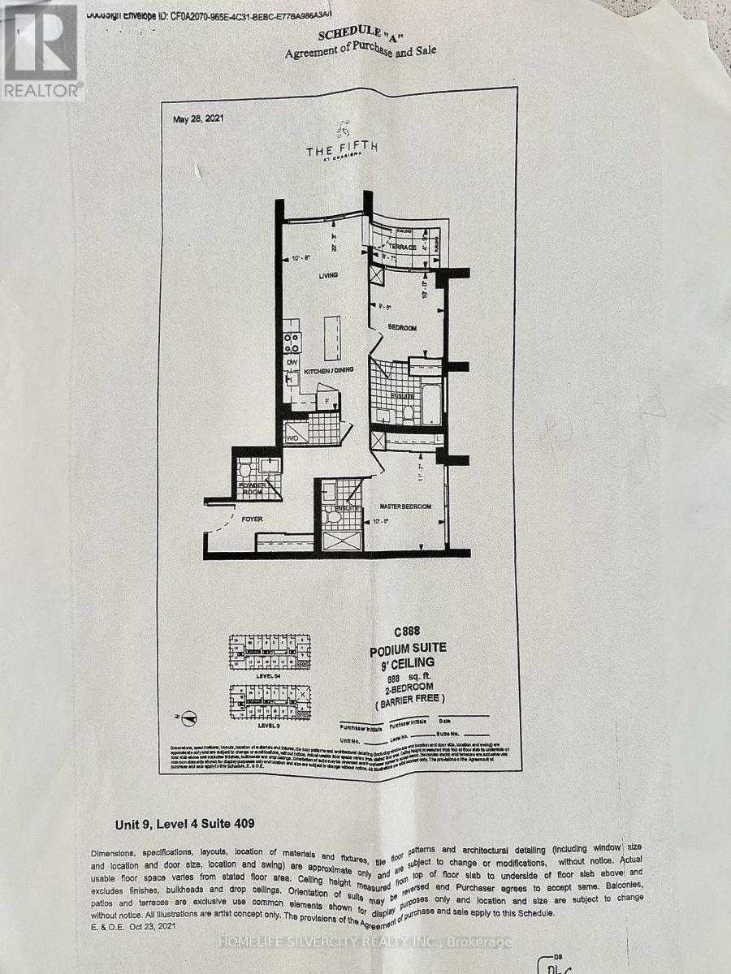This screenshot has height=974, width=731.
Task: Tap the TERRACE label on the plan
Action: (401, 247)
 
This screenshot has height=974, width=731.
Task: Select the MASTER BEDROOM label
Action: (404, 507)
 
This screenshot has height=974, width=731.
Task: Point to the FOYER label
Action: (241, 517)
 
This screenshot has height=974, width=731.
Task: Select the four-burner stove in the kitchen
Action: (291, 343)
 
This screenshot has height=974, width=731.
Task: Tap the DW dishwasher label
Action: (291, 362)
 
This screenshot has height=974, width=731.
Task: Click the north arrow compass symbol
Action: (188, 716)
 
